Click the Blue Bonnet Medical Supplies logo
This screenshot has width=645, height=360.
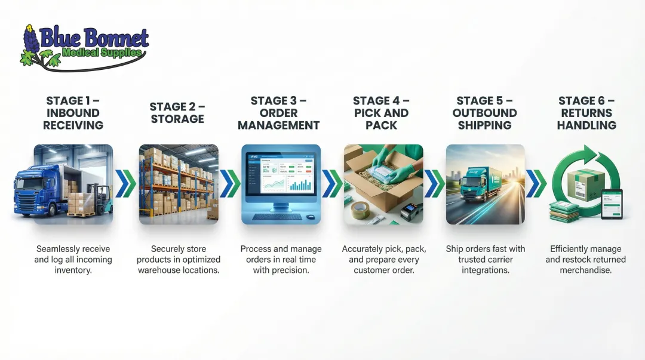[x=84, y=47]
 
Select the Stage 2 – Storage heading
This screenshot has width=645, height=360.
[x=177, y=113]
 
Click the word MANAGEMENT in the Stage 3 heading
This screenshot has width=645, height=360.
[x=279, y=125]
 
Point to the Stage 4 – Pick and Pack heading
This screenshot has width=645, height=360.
[x=381, y=113]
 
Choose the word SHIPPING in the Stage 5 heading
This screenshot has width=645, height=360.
[x=484, y=125]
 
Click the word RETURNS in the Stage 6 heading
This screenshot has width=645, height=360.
[x=586, y=113]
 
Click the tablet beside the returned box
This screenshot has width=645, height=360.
[x=611, y=203]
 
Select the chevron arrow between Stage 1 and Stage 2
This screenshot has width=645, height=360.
[x=125, y=183]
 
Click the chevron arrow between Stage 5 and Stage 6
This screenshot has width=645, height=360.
[x=536, y=183]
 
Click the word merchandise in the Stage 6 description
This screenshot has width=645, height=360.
[x=586, y=270]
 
